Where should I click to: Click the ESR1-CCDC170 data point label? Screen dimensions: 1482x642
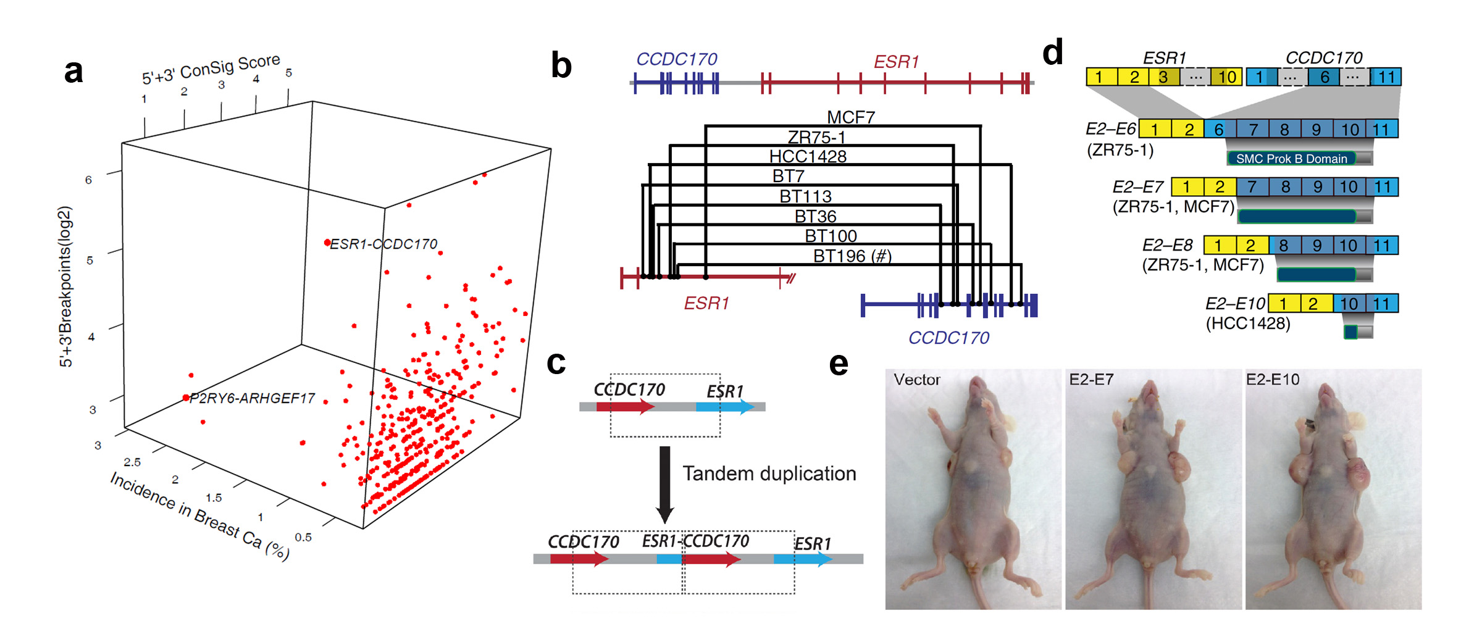(x=383, y=244)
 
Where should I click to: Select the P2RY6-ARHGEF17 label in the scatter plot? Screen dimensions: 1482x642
(x=252, y=398)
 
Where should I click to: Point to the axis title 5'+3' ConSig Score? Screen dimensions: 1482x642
(x=211, y=69)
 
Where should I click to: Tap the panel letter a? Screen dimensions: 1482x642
(x=73, y=72)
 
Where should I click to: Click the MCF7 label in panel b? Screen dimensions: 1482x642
(x=851, y=117)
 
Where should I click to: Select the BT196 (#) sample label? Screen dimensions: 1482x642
(x=852, y=256)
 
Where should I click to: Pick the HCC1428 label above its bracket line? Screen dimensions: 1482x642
(x=808, y=156)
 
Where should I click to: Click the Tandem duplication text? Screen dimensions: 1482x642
(x=769, y=473)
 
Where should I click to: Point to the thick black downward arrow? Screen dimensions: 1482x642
(x=665, y=485)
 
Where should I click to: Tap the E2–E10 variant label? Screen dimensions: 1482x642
(x=1235, y=304)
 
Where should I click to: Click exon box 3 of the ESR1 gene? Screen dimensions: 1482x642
(x=1163, y=77)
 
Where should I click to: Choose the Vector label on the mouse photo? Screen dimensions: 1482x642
(x=917, y=380)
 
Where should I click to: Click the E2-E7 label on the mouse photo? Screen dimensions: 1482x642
(x=1091, y=380)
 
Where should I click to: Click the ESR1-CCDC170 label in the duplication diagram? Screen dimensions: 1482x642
(x=695, y=541)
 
